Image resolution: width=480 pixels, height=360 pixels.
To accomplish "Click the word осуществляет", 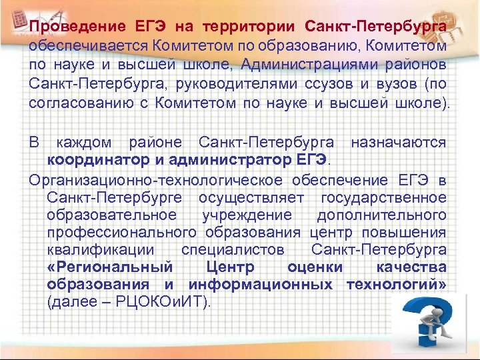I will point(251,197).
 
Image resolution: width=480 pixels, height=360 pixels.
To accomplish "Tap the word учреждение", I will point(247,215).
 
